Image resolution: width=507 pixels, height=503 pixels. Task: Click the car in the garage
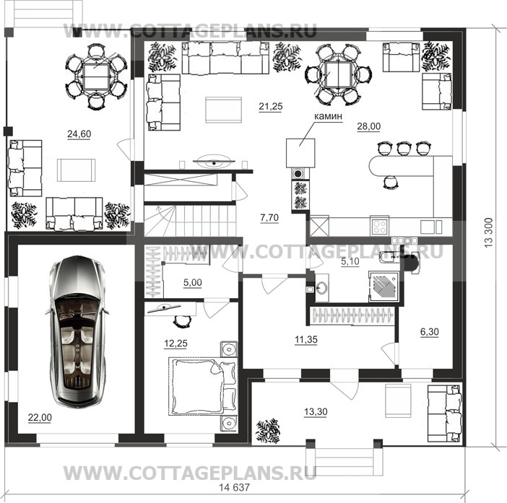pos(77,331)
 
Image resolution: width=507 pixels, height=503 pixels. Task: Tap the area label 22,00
pos(40,418)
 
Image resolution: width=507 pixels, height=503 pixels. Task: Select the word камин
pos(328,116)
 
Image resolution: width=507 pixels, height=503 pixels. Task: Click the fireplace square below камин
pos(300,153)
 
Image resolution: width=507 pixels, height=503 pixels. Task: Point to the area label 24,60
pos(79,134)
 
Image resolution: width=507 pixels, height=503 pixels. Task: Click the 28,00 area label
pos(368,126)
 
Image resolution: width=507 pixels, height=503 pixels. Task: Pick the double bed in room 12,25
pos(202,386)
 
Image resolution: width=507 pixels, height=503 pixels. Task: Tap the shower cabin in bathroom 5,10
pos(384,287)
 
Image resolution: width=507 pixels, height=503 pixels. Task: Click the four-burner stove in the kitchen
pos(379,227)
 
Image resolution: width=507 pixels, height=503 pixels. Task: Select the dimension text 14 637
pos(235,487)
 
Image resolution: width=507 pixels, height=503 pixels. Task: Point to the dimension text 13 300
pos(488,233)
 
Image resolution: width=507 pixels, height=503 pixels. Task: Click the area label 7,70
pos(269,218)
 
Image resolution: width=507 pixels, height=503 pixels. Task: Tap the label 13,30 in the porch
pos(316,412)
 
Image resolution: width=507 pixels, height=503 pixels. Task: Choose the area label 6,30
pos(430,332)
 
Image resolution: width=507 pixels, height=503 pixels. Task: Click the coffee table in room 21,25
pos(223,110)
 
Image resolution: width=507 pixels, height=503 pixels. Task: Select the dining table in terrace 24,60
pos(96,76)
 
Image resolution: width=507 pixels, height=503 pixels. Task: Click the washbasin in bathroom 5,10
pos(322,287)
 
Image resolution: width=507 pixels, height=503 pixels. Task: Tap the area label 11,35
pos(306,339)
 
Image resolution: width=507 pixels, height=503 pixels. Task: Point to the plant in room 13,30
pos(268,432)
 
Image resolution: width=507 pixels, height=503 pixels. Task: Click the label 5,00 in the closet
pos(193,283)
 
